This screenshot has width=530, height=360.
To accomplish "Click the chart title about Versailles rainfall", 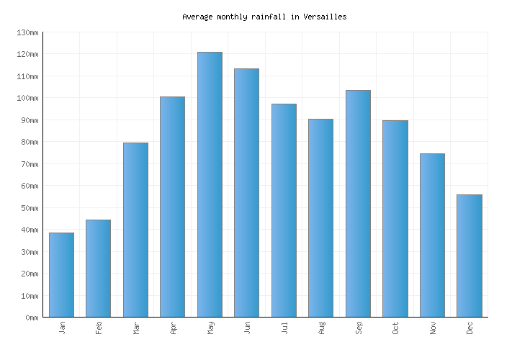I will coord(264,17).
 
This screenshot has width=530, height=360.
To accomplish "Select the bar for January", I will coord(61,274).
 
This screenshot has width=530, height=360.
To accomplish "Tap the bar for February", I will coord(98,268).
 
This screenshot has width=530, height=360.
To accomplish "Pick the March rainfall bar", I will coord(135,230).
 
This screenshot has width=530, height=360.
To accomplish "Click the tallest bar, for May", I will coord(210,184).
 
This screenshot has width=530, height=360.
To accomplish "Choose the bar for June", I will coord(246,192).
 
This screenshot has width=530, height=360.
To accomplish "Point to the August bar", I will coord(320,217).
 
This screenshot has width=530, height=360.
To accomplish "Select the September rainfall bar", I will coord(358,203).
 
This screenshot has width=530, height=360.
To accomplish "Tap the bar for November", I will coord(432,235).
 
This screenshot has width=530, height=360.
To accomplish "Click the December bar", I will coord(469,256).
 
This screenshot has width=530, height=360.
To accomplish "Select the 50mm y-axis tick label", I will coord(30,208).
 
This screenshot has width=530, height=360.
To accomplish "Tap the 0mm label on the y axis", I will coord(32,318).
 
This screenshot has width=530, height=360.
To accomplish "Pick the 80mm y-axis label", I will coord(30,142).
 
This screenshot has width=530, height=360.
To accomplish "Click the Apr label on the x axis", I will coord(173,328).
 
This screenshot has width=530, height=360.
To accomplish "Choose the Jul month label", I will coord(284,328).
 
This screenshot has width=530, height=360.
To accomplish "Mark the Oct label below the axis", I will coord(395,328).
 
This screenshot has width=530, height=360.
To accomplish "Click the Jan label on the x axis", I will coord(62,328).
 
